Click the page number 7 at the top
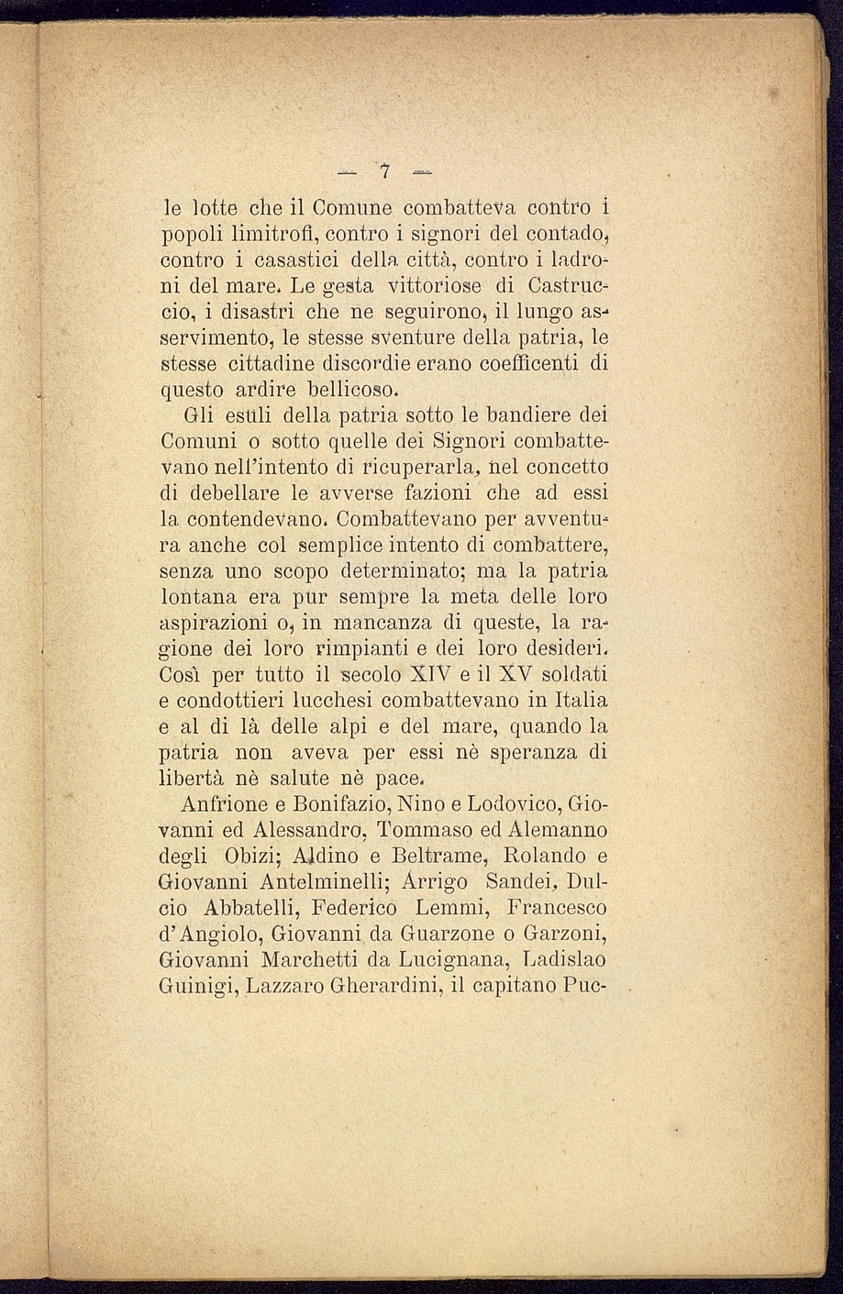pyautogui.click(x=385, y=171)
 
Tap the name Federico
pyautogui.click(x=353, y=909)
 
